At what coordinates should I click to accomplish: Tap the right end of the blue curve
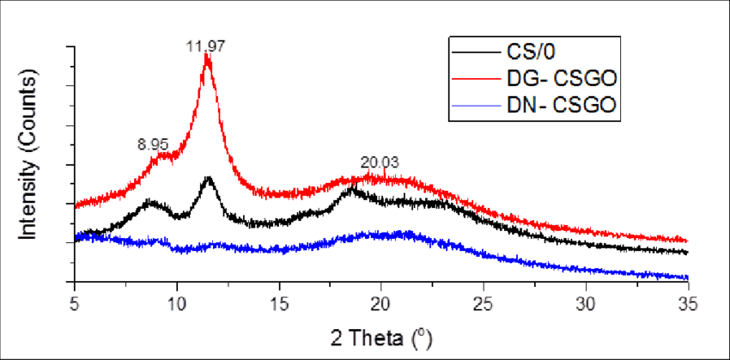tap(686, 277)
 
